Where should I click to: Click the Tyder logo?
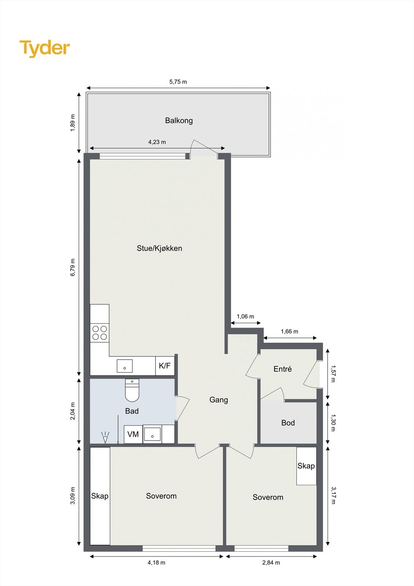[x=45, y=48]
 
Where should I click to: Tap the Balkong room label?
[x=179, y=120]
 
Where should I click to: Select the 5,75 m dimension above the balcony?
[x=178, y=82]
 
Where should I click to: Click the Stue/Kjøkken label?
[x=159, y=248]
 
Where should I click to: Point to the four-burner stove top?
[x=100, y=333]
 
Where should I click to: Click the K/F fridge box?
[x=165, y=366]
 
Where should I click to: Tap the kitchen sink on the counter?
[x=125, y=366]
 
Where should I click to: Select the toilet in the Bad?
[x=132, y=390]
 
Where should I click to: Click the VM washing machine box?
[x=133, y=434]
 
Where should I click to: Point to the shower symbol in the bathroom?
[x=105, y=437]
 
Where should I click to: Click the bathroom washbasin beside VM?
[x=152, y=434]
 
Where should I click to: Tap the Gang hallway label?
[x=219, y=400]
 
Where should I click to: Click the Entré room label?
[x=283, y=369]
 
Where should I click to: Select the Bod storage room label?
[x=288, y=423]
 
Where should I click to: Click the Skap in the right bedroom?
[x=306, y=466]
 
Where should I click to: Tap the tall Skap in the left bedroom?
[x=100, y=496]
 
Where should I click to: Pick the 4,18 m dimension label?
[x=156, y=563]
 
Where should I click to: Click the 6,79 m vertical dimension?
[x=73, y=267]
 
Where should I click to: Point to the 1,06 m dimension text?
[x=245, y=317]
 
